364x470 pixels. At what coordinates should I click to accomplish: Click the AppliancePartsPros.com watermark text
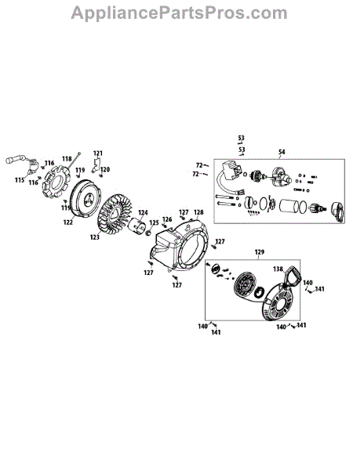coord(179,13)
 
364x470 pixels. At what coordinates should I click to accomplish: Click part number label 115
coord(20,180)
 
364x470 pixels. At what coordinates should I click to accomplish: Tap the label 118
coord(67,159)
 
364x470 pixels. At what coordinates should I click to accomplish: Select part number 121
coord(98,154)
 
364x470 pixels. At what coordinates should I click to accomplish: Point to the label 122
coord(68,222)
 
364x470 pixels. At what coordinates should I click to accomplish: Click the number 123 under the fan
coord(94,237)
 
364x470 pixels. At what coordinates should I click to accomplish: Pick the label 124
coord(143,212)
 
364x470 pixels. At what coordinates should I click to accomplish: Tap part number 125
coord(154,222)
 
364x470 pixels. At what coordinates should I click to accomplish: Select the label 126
coord(167,219)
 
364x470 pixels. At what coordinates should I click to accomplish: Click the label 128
coord(198,212)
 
